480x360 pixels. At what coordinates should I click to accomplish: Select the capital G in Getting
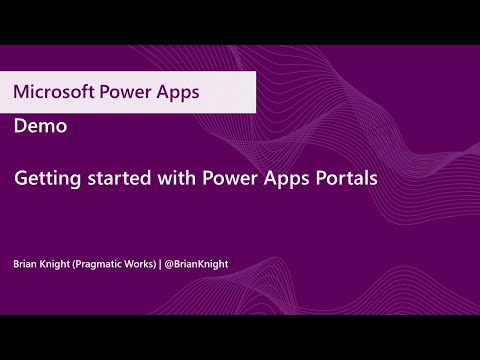pyautogui.click(x=20, y=183)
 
